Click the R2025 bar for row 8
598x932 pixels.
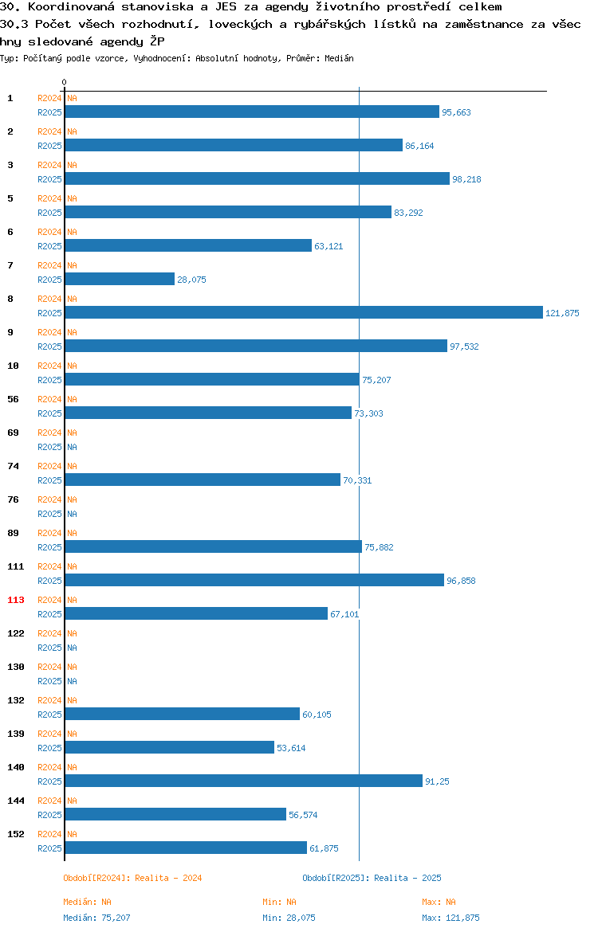(x=304, y=312)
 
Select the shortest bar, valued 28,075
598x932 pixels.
(x=120, y=280)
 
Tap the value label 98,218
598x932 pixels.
(x=466, y=179)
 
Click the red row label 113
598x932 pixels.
(x=15, y=600)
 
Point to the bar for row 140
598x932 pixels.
(x=244, y=781)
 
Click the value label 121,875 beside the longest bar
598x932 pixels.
(x=562, y=313)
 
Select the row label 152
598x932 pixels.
(x=15, y=834)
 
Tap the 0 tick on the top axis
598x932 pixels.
(x=65, y=83)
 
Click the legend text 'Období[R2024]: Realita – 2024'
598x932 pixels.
(x=132, y=878)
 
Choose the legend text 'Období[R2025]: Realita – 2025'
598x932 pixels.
(x=372, y=878)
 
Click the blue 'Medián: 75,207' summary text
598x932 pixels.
(x=96, y=918)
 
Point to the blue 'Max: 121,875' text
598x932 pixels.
(x=450, y=918)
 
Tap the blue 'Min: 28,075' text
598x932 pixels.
(x=289, y=918)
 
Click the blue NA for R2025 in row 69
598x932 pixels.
(x=72, y=447)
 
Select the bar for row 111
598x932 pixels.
(x=254, y=580)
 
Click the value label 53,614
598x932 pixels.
(x=291, y=748)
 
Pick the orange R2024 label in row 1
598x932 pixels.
(x=49, y=98)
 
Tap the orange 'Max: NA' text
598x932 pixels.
(x=439, y=902)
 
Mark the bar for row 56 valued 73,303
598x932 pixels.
(x=208, y=413)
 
